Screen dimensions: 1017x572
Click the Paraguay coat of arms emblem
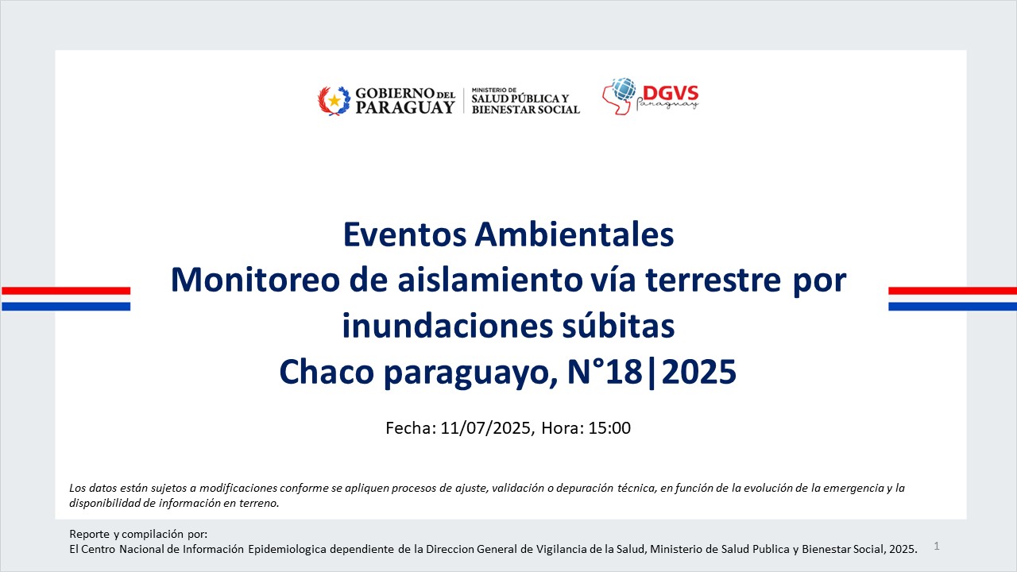click(x=334, y=101)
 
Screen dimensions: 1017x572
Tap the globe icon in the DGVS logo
click(x=624, y=89)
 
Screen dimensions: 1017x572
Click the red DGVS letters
click(x=671, y=93)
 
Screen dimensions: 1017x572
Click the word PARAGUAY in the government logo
click(x=405, y=107)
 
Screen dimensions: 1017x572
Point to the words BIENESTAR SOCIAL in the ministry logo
click(x=526, y=110)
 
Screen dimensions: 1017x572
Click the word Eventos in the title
click(x=405, y=234)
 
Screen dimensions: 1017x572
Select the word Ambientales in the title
click(x=574, y=234)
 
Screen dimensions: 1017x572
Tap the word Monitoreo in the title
click(x=255, y=280)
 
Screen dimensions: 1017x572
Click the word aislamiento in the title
click(x=490, y=280)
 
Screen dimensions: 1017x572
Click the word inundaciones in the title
click(x=447, y=326)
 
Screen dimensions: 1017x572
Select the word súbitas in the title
click(x=618, y=326)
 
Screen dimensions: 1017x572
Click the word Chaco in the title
click(x=327, y=371)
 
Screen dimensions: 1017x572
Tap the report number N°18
click(x=605, y=371)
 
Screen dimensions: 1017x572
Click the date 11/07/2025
click(x=485, y=428)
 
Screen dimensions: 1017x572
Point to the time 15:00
click(x=609, y=428)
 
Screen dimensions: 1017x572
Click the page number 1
click(x=937, y=546)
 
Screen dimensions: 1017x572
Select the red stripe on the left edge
click(x=66, y=291)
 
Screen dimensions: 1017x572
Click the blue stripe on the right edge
click(x=953, y=307)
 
